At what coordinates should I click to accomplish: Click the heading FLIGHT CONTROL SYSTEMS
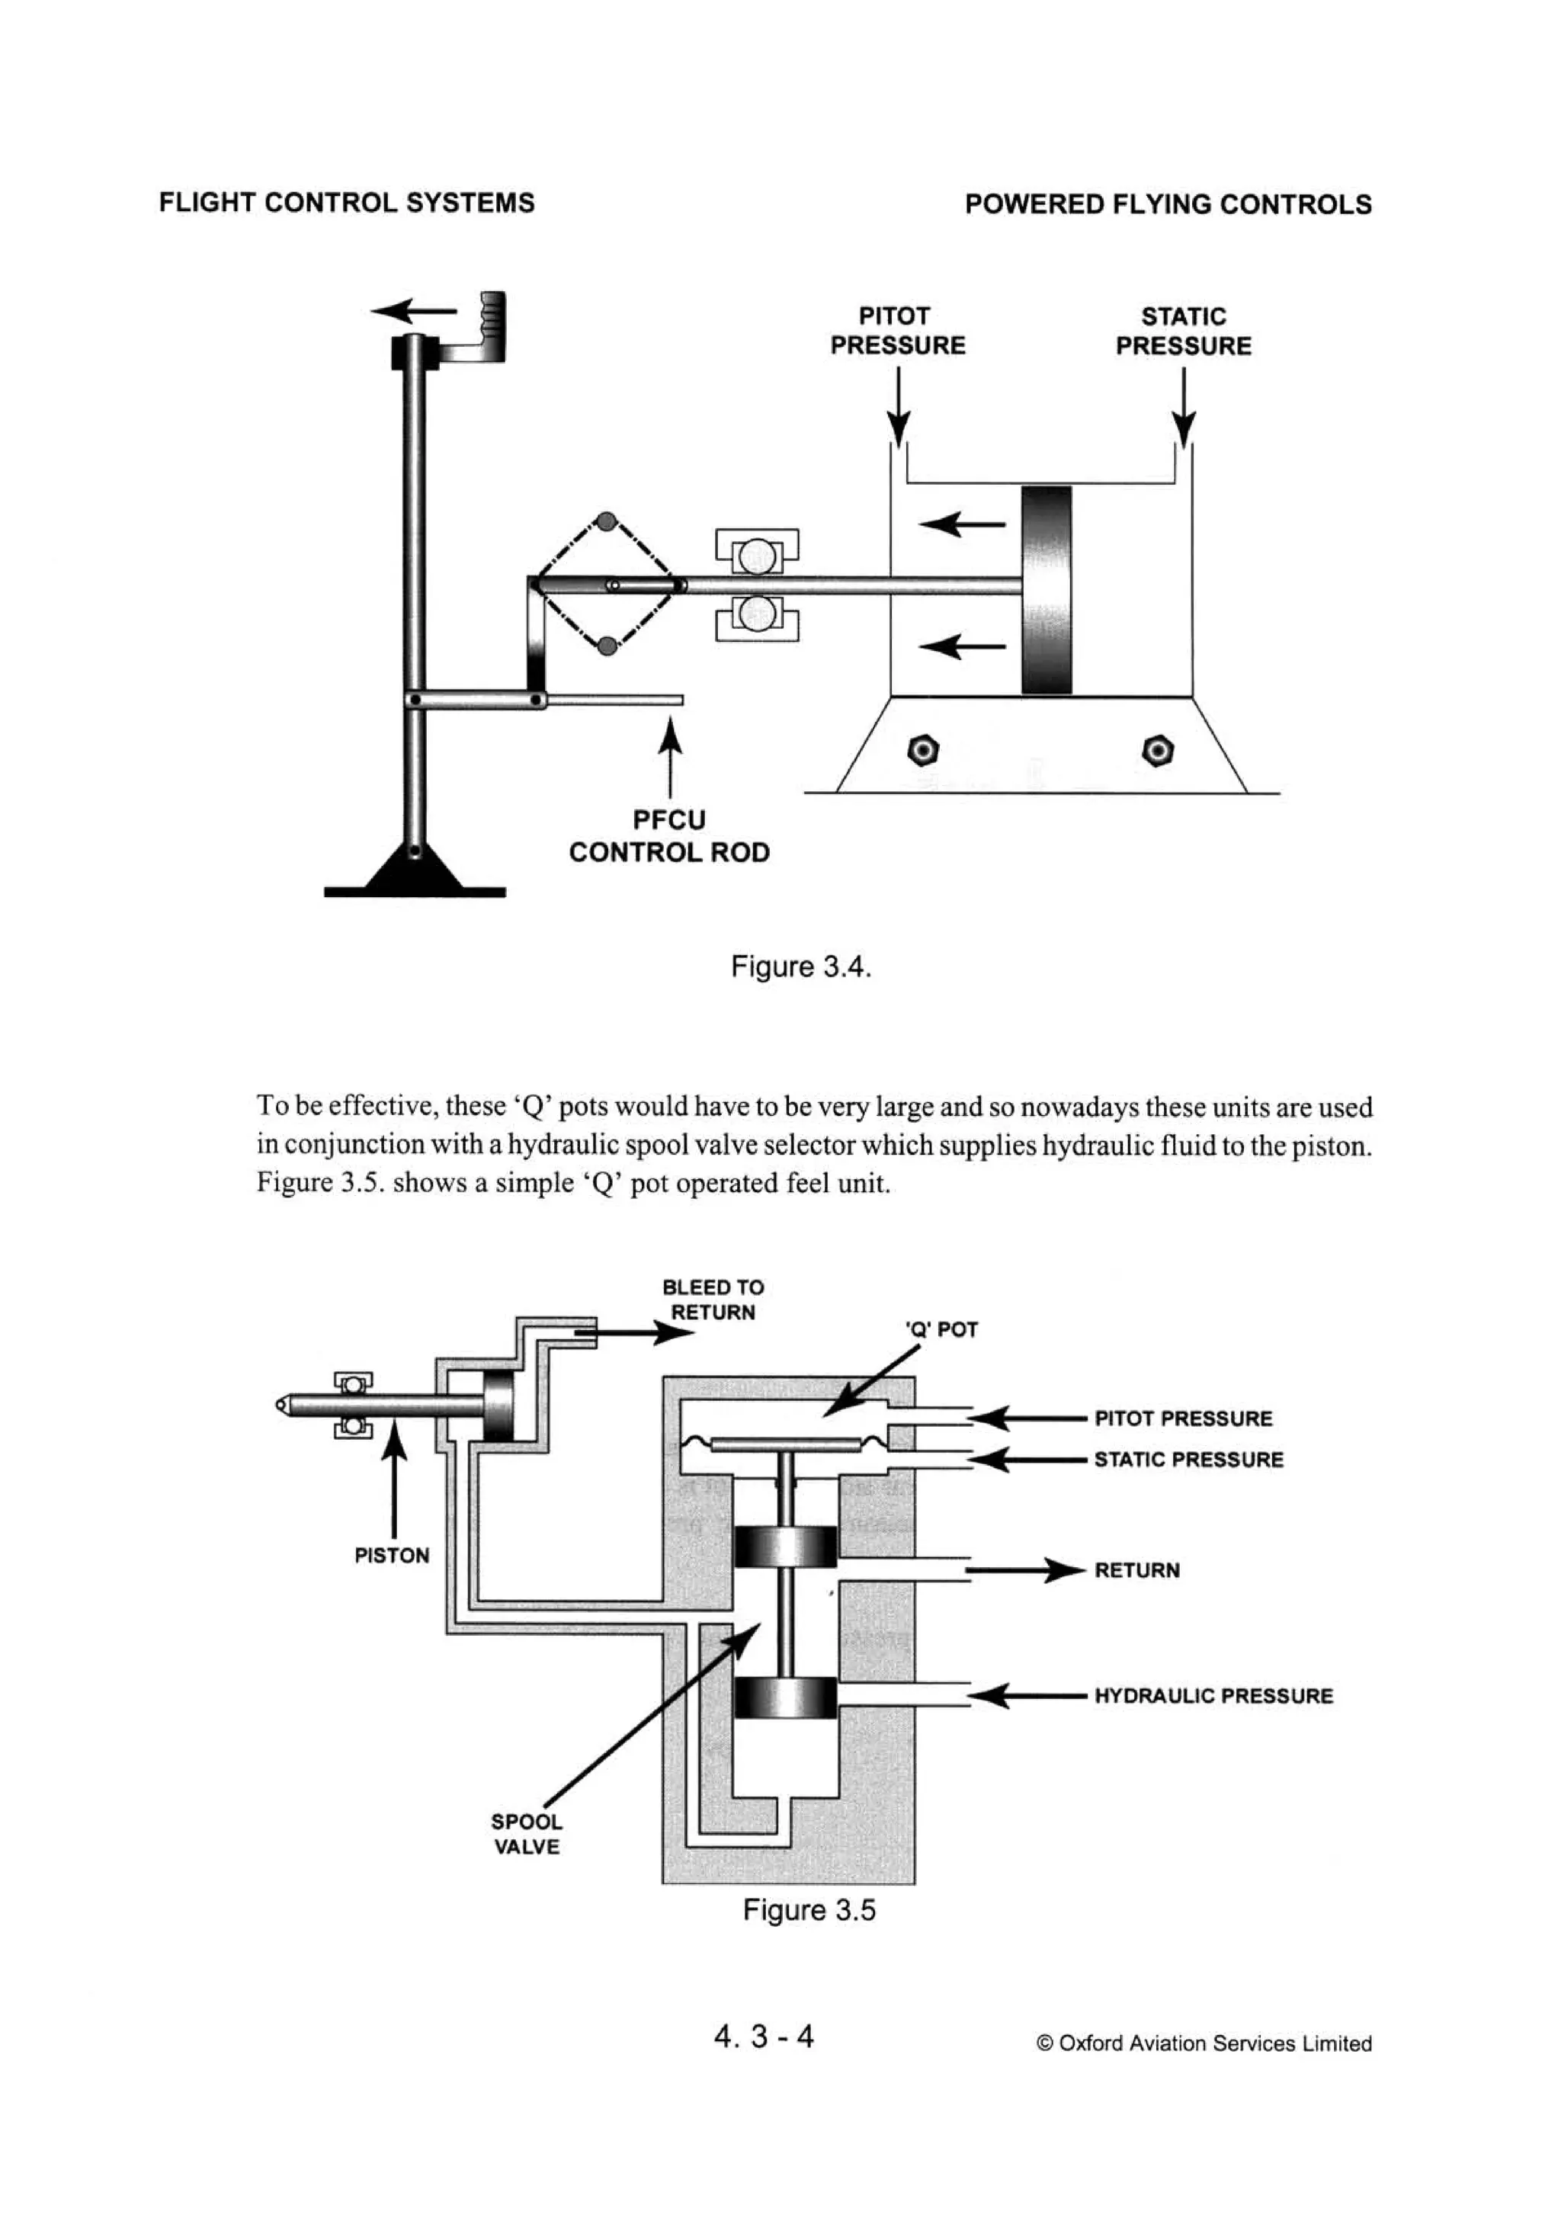[x=346, y=203]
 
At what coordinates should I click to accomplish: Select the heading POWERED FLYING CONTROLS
[x=1168, y=204]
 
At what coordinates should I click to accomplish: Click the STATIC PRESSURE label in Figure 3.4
[x=1183, y=332]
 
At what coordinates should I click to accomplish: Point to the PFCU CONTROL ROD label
[x=668, y=835]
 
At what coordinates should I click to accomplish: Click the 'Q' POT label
[x=940, y=1329]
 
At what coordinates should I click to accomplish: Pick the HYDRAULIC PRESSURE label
[x=1213, y=1696]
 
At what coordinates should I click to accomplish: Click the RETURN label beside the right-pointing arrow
[x=1136, y=1570]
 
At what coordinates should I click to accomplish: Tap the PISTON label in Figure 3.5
[x=392, y=1555]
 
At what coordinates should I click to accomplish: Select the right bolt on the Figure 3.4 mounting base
[x=1158, y=750]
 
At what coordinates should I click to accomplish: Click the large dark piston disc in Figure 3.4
[x=1047, y=590]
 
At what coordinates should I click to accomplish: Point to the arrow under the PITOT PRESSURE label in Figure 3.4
[x=899, y=408]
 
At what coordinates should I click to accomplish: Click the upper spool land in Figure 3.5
[x=784, y=1546]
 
